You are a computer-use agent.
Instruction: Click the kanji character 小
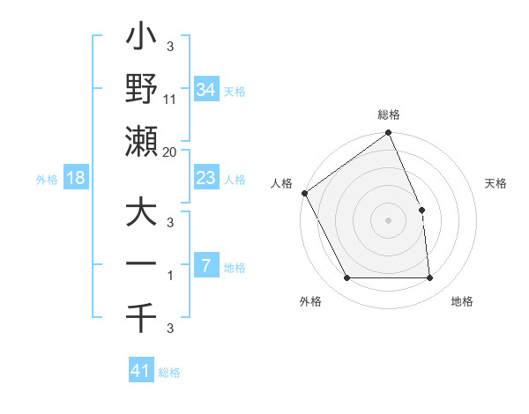(143, 39)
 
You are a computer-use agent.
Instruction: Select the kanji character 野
(143, 89)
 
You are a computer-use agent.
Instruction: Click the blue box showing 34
(205, 89)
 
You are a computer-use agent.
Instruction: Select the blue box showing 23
(205, 178)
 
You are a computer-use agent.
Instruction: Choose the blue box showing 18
(76, 178)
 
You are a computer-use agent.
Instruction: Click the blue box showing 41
(141, 371)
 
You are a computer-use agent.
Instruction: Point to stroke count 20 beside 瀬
(170, 152)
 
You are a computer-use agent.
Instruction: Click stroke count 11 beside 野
(170, 99)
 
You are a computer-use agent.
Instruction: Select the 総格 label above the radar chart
(389, 115)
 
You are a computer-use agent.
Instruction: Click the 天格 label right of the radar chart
(495, 183)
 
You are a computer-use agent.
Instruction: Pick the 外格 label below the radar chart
(309, 301)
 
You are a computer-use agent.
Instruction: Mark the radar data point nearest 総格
(389, 134)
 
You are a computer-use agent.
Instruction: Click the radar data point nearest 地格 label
(429, 278)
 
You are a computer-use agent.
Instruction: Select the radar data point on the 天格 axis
(421, 210)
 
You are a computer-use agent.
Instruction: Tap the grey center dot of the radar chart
(388, 220)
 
